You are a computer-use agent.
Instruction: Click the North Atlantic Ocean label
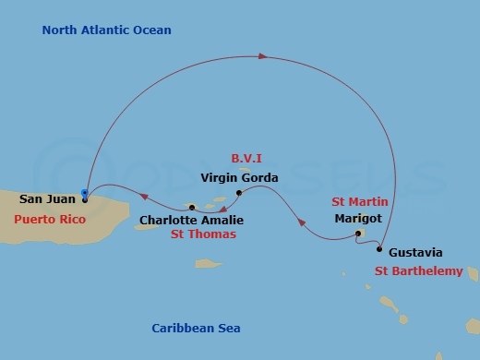pos(106,30)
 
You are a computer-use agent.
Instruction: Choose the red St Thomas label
pos(204,234)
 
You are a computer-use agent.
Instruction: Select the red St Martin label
pos(359,202)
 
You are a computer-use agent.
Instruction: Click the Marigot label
pos(355,219)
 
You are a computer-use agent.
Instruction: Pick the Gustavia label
pos(415,252)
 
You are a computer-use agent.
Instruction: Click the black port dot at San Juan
pos(84,199)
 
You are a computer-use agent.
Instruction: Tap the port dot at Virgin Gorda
pos(239,193)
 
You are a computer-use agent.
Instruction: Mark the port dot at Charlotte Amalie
pos(191,209)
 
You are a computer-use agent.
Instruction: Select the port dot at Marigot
pos(358,234)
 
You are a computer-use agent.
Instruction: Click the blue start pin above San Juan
pos(84,193)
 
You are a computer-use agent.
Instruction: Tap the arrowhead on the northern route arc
pos(263,57)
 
